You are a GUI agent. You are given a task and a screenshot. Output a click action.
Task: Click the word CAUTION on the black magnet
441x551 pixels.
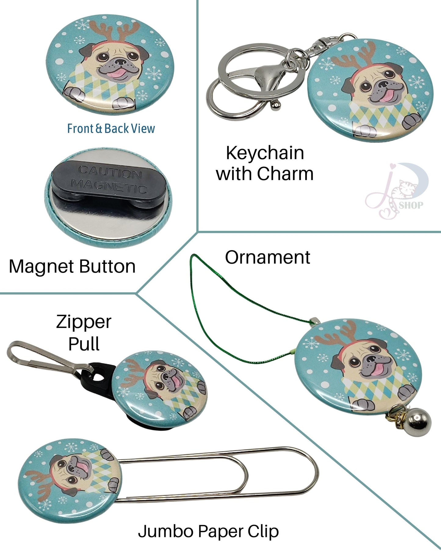(x=110, y=172)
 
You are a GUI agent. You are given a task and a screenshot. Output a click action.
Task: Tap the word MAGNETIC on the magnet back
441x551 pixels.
(x=109, y=186)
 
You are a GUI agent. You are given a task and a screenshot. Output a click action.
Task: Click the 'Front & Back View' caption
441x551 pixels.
(x=111, y=129)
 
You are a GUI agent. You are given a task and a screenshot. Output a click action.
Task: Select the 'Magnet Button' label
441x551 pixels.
(x=72, y=266)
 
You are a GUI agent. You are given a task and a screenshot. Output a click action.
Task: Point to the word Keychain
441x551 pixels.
(x=265, y=153)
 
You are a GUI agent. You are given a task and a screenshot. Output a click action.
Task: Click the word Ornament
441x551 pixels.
(x=267, y=257)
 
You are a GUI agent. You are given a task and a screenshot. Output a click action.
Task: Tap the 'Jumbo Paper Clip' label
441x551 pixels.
(x=208, y=531)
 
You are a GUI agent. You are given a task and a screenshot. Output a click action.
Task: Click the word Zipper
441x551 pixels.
(x=84, y=322)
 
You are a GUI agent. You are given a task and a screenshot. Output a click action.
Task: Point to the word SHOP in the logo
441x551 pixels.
(x=411, y=205)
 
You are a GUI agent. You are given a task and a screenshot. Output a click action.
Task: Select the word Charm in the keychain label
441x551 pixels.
(x=285, y=174)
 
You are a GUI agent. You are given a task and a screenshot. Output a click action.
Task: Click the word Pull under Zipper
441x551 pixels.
(x=84, y=344)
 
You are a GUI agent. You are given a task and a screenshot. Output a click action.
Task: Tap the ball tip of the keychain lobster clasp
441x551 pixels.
(x=276, y=105)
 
